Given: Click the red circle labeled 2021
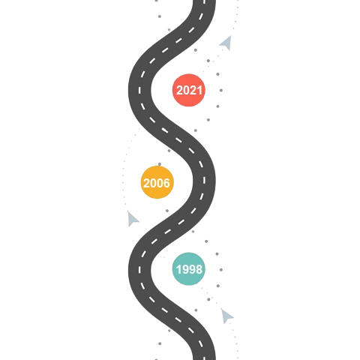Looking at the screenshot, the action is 189,90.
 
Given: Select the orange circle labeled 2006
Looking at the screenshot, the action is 157,182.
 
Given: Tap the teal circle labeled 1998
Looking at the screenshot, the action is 189,268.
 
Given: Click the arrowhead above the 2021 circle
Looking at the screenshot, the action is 226,43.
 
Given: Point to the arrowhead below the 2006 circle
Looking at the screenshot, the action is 133,219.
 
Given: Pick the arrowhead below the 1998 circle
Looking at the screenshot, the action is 226,316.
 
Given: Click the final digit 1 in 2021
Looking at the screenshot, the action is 199,90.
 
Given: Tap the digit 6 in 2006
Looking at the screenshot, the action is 166,183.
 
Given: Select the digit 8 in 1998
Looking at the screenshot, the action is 199,269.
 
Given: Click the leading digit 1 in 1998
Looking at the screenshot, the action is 178,269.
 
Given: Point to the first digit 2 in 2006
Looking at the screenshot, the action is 147,183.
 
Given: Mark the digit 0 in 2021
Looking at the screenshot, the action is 186,90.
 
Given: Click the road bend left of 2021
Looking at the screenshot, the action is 139,90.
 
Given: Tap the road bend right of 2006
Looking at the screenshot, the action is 204,181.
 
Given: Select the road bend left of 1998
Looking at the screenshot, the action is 139,270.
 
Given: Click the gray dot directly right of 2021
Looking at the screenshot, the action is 221,90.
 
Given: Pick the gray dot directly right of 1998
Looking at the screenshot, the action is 221,270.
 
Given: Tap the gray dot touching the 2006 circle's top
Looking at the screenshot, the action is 160,164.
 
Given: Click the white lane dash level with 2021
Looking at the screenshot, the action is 139,90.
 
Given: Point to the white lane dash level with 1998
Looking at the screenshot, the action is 139,270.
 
